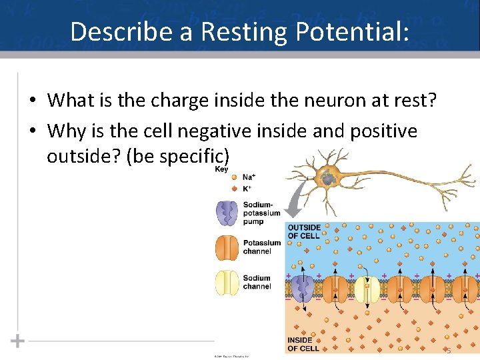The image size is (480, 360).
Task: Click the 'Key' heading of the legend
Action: [x=221, y=169]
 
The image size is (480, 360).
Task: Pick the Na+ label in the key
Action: [x=248, y=177]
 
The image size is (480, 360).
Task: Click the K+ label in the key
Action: [x=247, y=189]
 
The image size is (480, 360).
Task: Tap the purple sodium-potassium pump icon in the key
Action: [x=227, y=213]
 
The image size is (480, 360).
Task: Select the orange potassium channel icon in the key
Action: [x=227, y=247]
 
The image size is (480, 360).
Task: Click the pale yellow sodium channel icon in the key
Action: [x=227, y=282]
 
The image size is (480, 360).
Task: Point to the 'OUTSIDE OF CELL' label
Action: [x=304, y=231]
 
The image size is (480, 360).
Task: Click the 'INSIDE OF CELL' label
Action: [x=303, y=344]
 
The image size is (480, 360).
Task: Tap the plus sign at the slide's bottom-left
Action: [x=17, y=341]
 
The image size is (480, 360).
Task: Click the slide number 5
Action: [x=449, y=351]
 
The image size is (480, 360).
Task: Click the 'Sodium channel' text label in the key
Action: [x=257, y=282]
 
